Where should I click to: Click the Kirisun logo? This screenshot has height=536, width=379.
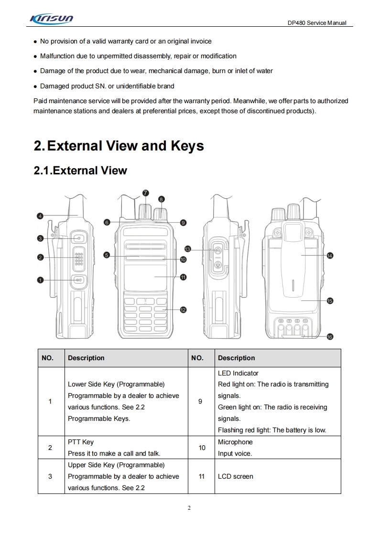tap(51, 19)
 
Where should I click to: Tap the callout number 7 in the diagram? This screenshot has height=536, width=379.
tap(146, 193)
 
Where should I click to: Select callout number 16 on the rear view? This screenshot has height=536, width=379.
tap(330, 337)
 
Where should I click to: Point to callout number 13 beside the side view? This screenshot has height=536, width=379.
tap(188, 249)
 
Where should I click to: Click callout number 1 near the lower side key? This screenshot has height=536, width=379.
tap(41, 280)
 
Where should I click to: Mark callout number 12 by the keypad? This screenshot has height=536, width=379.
tap(183, 310)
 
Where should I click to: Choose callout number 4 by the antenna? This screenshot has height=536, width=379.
tap(41, 216)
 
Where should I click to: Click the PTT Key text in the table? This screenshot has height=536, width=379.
tap(81, 442)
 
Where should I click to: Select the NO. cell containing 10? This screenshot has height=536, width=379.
tap(202, 448)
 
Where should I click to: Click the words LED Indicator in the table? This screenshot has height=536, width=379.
tap(238, 373)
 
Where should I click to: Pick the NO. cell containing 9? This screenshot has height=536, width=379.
tap(200, 401)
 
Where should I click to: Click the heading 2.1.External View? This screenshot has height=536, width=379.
tap(80, 171)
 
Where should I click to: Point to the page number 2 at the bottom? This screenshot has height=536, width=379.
tap(189, 508)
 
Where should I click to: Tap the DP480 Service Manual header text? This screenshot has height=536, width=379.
tap(317, 23)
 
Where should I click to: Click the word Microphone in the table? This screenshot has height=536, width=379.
tap(235, 442)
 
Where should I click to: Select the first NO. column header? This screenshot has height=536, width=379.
tap(48, 358)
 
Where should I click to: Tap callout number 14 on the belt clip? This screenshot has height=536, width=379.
tap(330, 256)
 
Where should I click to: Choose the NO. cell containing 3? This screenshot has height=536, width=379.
tap(50, 476)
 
